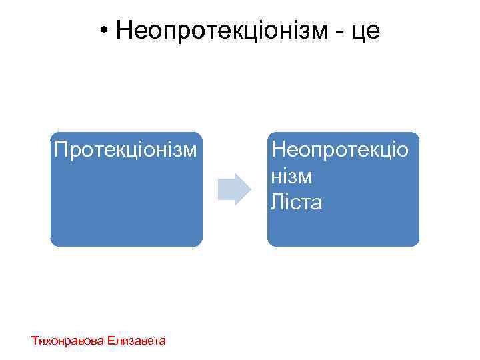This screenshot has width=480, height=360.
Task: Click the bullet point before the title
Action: pos(105,30)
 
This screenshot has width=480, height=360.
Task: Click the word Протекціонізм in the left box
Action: pos(126,149)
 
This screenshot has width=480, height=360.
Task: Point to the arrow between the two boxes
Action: pos(235,189)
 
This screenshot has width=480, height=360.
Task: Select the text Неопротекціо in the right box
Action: pos(339,149)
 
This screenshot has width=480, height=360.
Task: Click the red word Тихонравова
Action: pos(67,341)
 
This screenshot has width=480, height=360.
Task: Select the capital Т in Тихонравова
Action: pos(35,341)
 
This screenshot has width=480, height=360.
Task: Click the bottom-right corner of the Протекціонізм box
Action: pos(201,245)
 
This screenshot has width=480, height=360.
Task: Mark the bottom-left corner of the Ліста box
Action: pos(269,245)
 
